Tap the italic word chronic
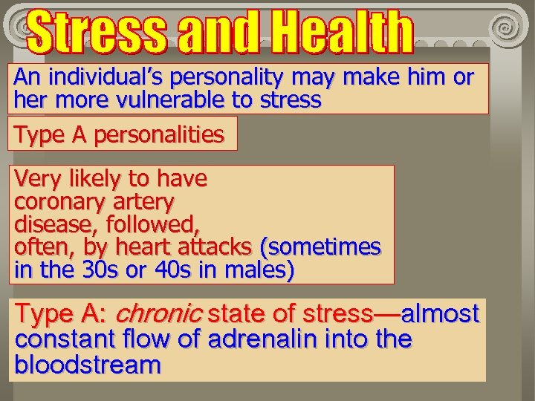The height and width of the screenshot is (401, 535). pyautogui.click(x=158, y=314)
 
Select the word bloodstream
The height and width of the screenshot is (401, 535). pyautogui.click(x=88, y=365)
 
